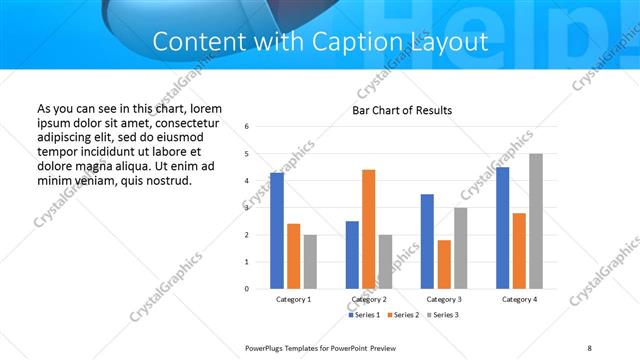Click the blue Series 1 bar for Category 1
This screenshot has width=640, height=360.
click(x=276, y=231)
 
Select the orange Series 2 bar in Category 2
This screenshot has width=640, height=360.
click(x=368, y=229)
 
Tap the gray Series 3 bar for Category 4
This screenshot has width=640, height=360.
click(x=536, y=221)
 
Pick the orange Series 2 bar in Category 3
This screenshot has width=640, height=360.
click(x=444, y=264)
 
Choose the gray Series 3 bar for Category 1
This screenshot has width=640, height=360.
click(x=310, y=262)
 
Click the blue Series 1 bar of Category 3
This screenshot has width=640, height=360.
click(x=427, y=241)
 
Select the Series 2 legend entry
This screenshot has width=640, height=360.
click(x=402, y=315)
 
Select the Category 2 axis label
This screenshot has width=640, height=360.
click(x=369, y=300)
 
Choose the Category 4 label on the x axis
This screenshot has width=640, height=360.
click(x=519, y=300)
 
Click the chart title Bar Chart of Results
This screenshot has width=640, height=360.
click(x=402, y=110)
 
